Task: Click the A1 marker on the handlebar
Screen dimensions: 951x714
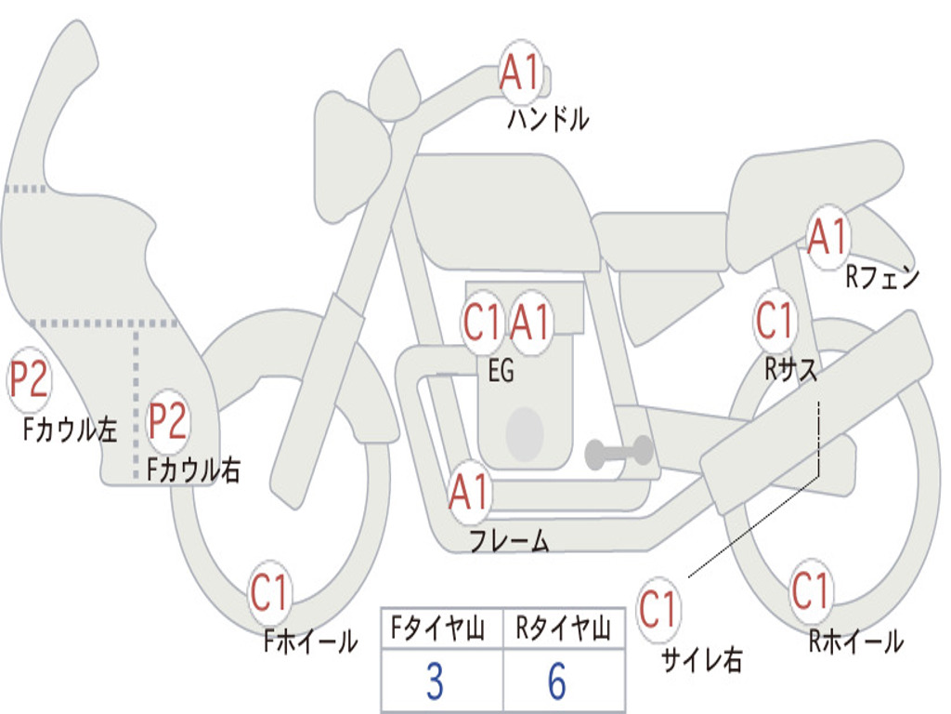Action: click(520, 73)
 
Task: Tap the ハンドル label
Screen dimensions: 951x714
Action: click(548, 118)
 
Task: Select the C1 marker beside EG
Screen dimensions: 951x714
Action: click(481, 323)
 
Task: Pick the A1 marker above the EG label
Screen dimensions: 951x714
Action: click(529, 323)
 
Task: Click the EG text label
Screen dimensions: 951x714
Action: click(501, 370)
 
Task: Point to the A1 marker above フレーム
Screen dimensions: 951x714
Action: click(468, 493)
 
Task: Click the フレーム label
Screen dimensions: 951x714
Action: click(510, 540)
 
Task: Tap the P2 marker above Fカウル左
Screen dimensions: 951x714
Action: click(29, 380)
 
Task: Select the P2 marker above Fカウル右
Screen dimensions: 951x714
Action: click(167, 421)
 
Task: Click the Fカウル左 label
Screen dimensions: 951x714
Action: click(70, 430)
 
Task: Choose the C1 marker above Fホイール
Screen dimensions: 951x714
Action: click(268, 592)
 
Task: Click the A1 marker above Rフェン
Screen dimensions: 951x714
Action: click(827, 237)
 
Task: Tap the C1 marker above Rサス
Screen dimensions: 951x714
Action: click(775, 321)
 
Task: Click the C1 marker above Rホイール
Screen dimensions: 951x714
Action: click(810, 591)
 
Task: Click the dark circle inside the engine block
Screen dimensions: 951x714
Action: click(525, 433)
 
